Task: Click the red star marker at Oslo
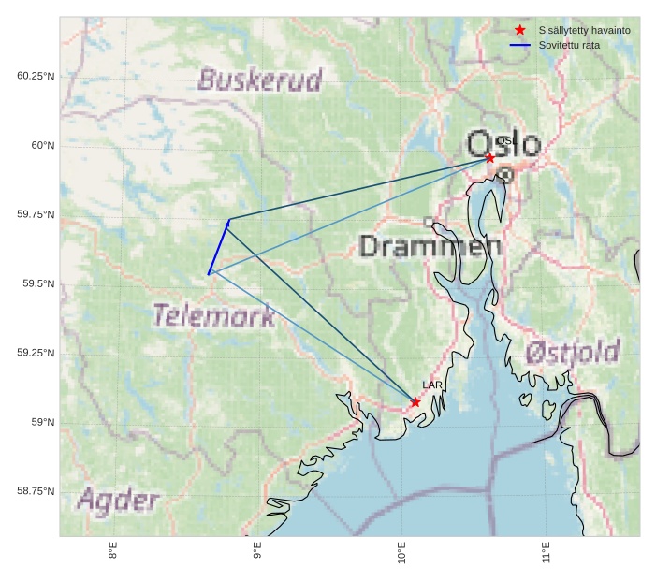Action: (x=489, y=158)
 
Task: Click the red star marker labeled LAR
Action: (x=415, y=402)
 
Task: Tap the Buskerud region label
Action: (x=260, y=80)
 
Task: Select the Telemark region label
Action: (x=214, y=315)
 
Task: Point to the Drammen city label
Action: (x=430, y=246)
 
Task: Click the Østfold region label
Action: (x=572, y=352)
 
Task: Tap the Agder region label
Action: (x=118, y=500)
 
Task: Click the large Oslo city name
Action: (x=503, y=144)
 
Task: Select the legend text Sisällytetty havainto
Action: (x=584, y=30)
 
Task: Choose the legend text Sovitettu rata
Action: (x=569, y=45)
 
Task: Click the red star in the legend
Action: (x=520, y=30)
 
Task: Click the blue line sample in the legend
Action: (x=520, y=45)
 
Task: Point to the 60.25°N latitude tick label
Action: (x=36, y=76)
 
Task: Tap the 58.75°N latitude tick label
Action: (x=36, y=491)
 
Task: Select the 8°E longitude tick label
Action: (x=113, y=552)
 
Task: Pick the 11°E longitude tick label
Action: (x=546, y=552)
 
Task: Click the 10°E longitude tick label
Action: (x=401, y=552)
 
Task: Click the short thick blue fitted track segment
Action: (x=219, y=246)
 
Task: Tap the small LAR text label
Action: (x=432, y=385)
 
